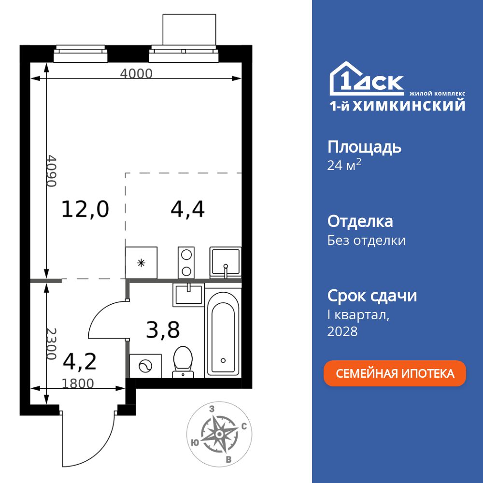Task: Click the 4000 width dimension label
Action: pyautogui.click(x=136, y=74)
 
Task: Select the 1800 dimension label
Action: pyautogui.click(x=78, y=384)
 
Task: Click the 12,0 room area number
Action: pyautogui.click(x=85, y=209)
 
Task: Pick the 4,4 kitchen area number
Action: pyautogui.click(x=188, y=209)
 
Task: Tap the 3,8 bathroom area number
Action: pyautogui.click(x=163, y=331)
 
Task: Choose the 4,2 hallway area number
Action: pyautogui.click(x=80, y=361)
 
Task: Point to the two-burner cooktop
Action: pyautogui.click(x=186, y=263)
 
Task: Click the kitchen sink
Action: pyautogui.click(x=225, y=262)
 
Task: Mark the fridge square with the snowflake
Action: pyautogui.click(x=141, y=263)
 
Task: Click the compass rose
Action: pyautogui.click(x=219, y=434)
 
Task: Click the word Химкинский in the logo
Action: pyautogui.click(x=409, y=105)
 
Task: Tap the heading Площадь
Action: pyautogui.click(x=364, y=147)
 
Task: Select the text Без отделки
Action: pyautogui.click(x=367, y=240)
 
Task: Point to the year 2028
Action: pyautogui.click(x=342, y=331)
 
